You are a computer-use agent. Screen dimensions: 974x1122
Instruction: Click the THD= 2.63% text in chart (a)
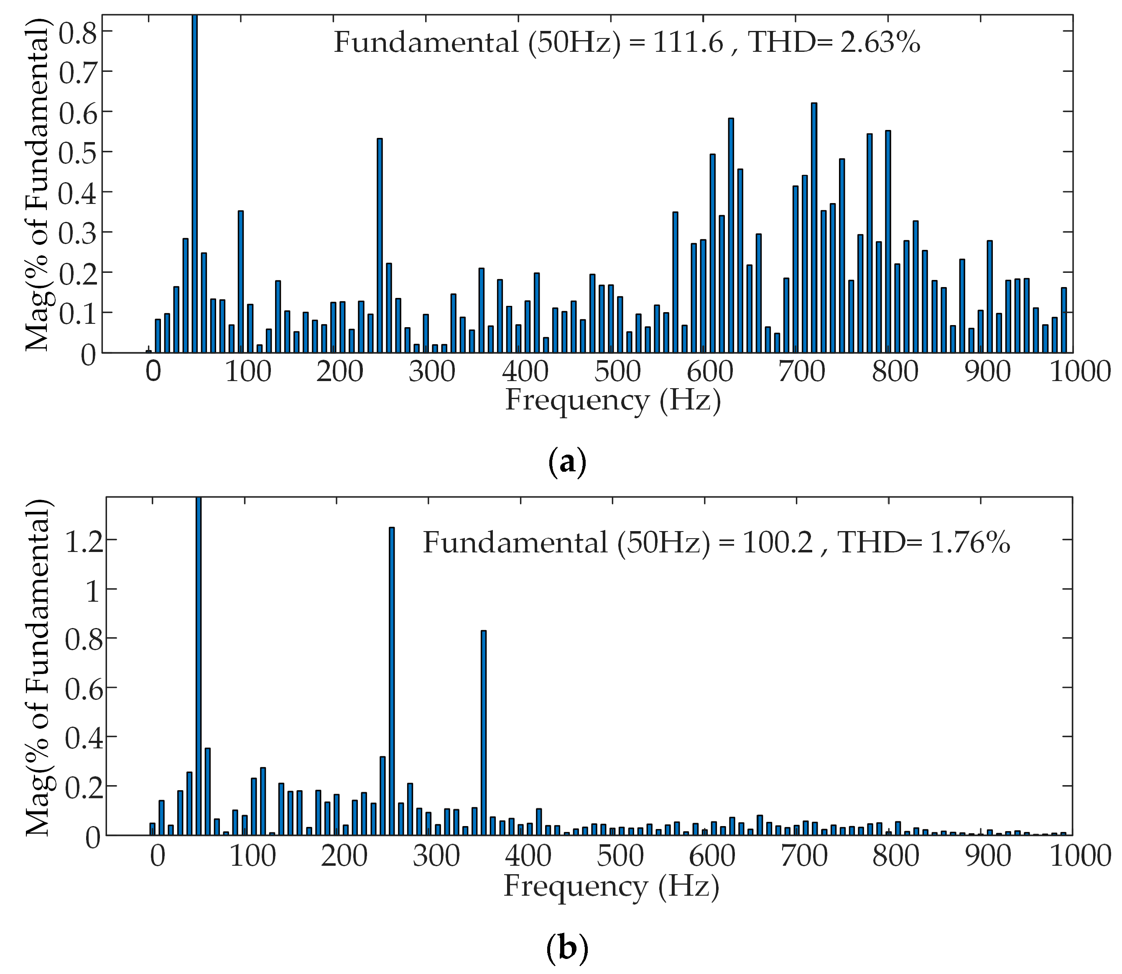point(834,42)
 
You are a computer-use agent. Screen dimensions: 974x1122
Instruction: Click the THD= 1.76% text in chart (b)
point(923,542)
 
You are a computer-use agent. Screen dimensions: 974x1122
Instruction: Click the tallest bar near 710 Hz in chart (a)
point(813,228)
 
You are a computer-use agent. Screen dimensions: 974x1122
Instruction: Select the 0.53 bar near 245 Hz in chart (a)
point(380,244)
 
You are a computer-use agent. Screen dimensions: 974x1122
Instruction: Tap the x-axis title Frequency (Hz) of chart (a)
point(612,401)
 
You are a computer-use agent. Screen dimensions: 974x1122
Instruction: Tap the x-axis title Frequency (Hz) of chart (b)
point(611,886)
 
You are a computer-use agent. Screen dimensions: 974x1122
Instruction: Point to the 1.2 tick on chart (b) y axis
point(83,540)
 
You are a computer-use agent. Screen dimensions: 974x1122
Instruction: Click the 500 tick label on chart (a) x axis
point(616,372)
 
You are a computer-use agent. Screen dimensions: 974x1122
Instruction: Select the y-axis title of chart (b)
point(39,669)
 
